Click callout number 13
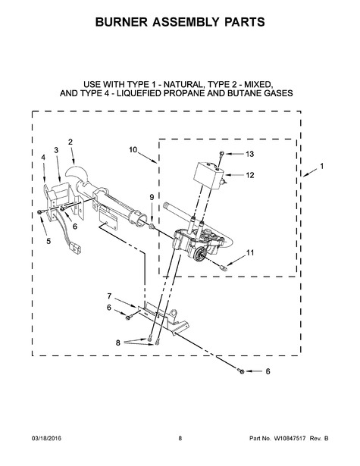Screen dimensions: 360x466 point(249,154)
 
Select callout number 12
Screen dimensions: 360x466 point(249,175)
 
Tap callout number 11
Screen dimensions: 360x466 point(250,252)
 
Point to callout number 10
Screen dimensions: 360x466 point(133,149)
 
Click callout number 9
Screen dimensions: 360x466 point(152,197)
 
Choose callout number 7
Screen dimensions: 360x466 point(109,296)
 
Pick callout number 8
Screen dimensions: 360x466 point(118,343)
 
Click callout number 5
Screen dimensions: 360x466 point(49,241)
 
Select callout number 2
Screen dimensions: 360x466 point(70,142)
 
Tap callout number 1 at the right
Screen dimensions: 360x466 point(321,167)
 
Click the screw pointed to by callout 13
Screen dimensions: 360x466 point(221,153)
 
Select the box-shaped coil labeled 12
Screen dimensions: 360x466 point(209,176)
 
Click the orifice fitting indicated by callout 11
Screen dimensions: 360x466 point(224,268)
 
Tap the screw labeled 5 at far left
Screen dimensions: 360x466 point(40,212)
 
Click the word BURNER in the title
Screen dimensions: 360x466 point(121,22)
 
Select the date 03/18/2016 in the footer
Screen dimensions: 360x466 point(46,439)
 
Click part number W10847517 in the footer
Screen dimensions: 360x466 point(290,439)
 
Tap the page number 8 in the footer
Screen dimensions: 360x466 point(180,439)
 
